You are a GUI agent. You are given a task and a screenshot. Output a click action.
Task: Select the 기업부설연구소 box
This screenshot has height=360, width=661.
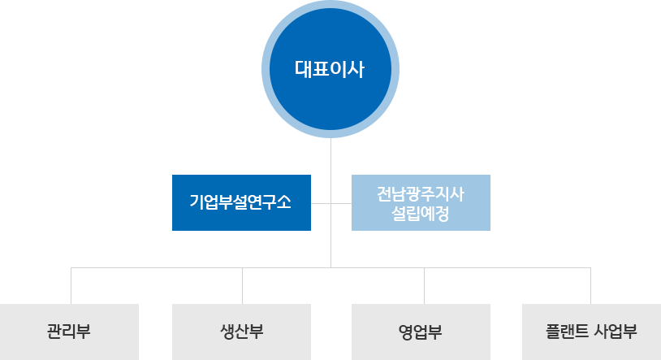pyautogui.click(x=241, y=202)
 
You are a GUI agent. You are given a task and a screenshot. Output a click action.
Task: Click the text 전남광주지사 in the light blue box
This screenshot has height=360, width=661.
pyautogui.click(x=421, y=194)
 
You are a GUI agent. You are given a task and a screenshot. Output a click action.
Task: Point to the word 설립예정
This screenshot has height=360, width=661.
pyautogui.click(x=421, y=213)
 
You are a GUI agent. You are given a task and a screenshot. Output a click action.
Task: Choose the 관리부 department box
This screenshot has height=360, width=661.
pyautogui.click(x=69, y=332)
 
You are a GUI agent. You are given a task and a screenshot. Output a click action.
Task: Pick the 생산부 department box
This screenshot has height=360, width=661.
pyautogui.click(x=241, y=332)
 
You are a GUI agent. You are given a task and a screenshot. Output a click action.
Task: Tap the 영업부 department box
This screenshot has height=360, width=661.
pyautogui.click(x=421, y=332)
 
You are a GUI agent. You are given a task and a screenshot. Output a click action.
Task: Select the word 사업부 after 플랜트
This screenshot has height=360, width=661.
pyautogui.click(x=616, y=332)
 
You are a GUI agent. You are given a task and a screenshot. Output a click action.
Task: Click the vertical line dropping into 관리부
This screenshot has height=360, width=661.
pyautogui.click(x=71, y=286)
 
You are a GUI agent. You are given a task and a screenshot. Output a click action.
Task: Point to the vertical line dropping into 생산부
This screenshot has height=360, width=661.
pyautogui.click(x=243, y=286)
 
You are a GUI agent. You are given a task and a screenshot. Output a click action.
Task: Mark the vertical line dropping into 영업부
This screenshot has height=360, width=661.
pyautogui.click(x=424, y=286)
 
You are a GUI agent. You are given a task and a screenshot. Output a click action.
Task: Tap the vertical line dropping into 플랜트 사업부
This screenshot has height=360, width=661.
pyautogui.click(x=590, y=286)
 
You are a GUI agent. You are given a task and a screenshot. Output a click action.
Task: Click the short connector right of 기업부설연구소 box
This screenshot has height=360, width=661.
pyautogui.click(x=321, y=203)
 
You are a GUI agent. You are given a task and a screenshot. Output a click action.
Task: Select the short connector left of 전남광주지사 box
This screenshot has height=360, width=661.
pyautogui.click(x=341, y=203)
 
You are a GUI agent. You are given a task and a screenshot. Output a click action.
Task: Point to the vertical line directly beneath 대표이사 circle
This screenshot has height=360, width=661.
pyautogui.click(x=331, y=202)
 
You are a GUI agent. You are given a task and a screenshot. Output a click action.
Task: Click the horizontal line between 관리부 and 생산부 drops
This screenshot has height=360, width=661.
pyautogui.click(x=157, y=267)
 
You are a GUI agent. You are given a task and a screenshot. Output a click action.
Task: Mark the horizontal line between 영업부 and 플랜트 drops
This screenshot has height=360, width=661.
pyautogui.click(x=508, y=267)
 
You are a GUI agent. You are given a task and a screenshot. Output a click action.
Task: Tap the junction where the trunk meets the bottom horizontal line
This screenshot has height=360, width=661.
pyautogui.click(x=331, y=267)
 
